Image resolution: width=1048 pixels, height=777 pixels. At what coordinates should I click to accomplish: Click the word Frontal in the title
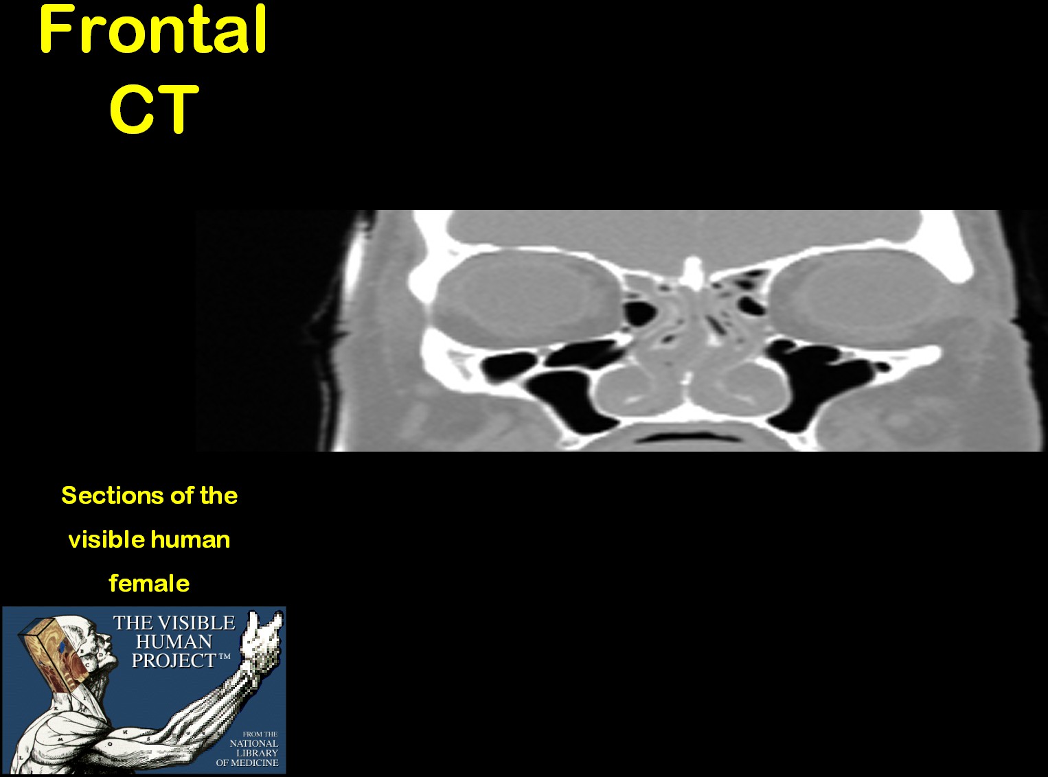(x=153, y=30)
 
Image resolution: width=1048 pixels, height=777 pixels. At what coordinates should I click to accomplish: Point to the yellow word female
(x=149, y=583)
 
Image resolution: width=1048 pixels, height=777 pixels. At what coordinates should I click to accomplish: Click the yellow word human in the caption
(x=190, y=540)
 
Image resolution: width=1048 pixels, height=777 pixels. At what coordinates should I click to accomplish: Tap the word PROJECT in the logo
(x=174, y=661)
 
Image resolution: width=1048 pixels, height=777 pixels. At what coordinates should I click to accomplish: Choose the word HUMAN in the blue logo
(x=174, y=642)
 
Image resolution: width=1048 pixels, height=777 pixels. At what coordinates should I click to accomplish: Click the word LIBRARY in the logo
(x=257, y=753)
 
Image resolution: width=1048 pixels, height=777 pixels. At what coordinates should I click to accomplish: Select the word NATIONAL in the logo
(x=253, y=743)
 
